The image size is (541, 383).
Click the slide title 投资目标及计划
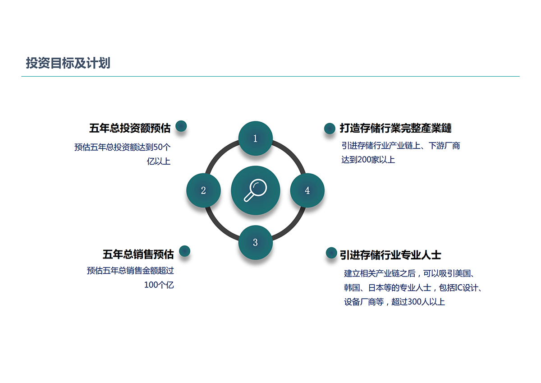(68, 63)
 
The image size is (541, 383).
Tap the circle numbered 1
(256, 138)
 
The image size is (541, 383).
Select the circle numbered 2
(203, 190)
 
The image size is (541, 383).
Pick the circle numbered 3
(256, 243)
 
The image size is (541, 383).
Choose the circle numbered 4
(307, 190)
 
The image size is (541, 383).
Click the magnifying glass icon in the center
(255, 190)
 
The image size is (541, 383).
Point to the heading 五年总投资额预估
(130, 128)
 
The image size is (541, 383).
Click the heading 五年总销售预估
(138, 254)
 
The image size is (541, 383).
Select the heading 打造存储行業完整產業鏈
(396, 128)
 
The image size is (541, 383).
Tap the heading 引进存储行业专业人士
(390, 255)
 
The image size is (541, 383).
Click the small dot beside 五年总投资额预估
(181, 126)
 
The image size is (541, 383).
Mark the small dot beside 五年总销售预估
(185, 251)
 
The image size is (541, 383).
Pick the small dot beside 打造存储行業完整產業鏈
(330, 128)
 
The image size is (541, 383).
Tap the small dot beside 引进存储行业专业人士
(331, 253)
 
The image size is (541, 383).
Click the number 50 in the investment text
(158, 147)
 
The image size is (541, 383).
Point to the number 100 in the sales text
(151, 285)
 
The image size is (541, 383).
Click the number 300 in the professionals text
(414, 302)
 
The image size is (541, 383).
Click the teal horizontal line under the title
(270, 76)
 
